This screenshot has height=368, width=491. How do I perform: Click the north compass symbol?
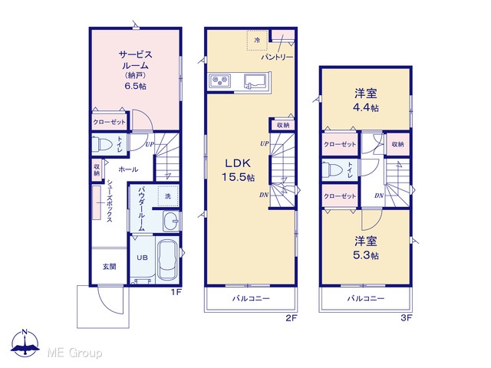click(x=25, y=343)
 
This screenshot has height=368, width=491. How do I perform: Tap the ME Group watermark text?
click(x=74, y=353)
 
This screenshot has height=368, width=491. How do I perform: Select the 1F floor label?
click(x=176, y=292)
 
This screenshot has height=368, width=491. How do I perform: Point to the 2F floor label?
click(x=291, y=318)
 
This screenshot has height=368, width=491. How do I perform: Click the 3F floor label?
click(x=406, y=318)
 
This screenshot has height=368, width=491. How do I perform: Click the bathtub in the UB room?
click(x=168, y=260)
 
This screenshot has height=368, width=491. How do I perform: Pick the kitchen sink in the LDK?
click(x=255, y=81)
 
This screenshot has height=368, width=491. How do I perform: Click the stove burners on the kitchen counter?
click(x=219, y=81)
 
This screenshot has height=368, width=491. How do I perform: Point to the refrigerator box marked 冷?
click(x=257, y=40)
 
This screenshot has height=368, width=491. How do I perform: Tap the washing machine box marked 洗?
click(x=168, y=196)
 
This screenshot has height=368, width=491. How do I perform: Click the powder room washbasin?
click(x=172, y=221)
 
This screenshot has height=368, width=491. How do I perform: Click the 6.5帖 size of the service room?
click(x=136, y=86)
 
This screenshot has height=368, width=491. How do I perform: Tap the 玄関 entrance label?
click(x=110, y=267)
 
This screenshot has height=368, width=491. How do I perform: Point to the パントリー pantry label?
click(x=278, y=58)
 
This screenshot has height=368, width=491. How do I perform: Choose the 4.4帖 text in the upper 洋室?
click(x=366, y=107)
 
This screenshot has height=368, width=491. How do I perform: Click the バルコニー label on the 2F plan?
click(x=251, y=298)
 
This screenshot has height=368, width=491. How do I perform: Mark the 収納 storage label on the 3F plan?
click(x=397, y=144)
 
